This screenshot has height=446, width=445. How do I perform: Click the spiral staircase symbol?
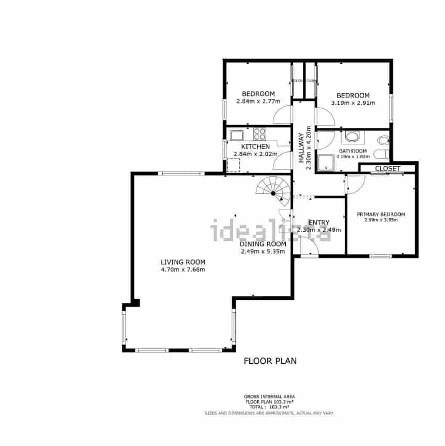[273, 192]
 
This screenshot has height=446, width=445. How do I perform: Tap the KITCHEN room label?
[255, 147]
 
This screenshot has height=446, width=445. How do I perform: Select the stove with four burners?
[259, 134]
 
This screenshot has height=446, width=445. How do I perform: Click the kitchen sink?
[237, 135]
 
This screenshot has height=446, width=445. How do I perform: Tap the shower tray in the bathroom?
[326, 163]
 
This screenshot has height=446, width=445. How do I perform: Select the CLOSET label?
[387, 169]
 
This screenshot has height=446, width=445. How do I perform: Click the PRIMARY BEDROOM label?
[381, 214]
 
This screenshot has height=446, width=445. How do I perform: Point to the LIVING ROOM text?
[183, 262]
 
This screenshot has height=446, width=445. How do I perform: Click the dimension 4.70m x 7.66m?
[183, 269]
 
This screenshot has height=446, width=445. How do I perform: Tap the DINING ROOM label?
[263, 244]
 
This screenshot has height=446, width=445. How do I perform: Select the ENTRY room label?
[319, 223]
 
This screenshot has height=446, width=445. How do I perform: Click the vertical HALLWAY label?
[301, 148]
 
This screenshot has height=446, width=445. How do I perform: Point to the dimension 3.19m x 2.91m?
[353, 103]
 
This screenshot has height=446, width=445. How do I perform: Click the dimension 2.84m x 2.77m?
[258, 101]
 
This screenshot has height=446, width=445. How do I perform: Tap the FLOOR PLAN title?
[270, 361]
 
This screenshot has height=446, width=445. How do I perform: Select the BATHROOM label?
[353, 151]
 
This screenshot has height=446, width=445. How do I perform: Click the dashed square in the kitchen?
[233, 166]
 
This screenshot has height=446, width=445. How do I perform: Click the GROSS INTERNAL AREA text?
[269, 396]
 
